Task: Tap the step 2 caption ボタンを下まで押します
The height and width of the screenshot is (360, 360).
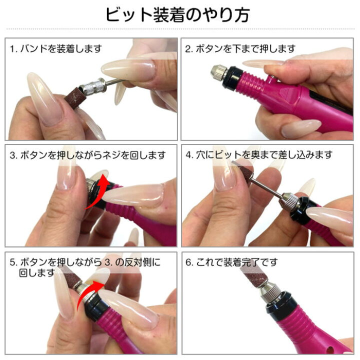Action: pyautogui.click(x=240, y=49)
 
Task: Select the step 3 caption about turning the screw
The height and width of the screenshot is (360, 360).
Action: pyautogui.click(x=87, y=155)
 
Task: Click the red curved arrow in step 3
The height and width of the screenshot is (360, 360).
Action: pyautogui.click(x=97, y=190)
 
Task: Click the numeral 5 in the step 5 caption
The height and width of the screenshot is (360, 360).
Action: pyautogui.click(x=12, y=262)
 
